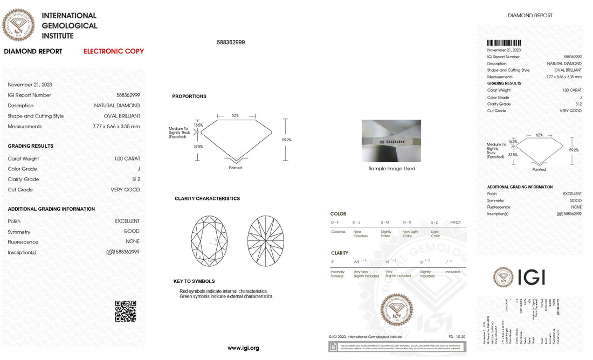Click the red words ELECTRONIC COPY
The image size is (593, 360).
coord(113,51)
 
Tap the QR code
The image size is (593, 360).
coord(126,311)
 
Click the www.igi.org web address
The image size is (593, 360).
coord(243,348)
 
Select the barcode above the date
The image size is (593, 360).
coord(504,43)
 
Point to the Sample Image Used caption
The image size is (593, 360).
coord(391,169)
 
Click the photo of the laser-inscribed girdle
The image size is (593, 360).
coord(391,140)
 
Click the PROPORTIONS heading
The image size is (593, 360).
coord(189,96)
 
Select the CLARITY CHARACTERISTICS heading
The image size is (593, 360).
coord(207,198)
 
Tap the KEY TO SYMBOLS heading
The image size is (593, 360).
coord(194,281)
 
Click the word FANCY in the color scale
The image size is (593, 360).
coord(455,222)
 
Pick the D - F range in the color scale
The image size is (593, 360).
coord(335,222)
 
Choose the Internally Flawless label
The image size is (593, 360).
coord(337,274)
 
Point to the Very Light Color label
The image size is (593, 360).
coord(410,233)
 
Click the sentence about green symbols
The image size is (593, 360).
coord(226,296)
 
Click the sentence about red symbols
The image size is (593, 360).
coord(223,291)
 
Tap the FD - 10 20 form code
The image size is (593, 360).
coord(456,336)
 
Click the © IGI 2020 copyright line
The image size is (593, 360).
coord(365,336)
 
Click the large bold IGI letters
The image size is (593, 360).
coord(531,277)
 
